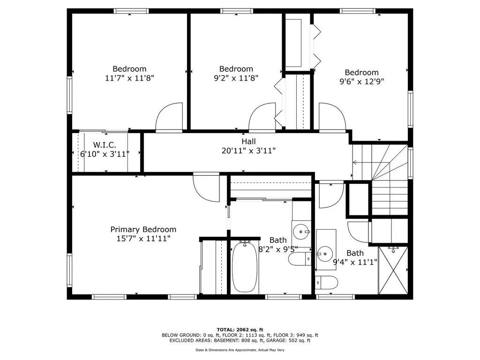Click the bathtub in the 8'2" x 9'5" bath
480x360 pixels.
(x=245, y=267)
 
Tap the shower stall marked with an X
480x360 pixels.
(x=393, y=270)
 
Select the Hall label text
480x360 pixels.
(x=248, y=141)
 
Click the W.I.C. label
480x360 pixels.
(x=104, y=145)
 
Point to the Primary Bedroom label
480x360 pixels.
(x=143, y=229)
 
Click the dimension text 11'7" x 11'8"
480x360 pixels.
(x=129, y=78)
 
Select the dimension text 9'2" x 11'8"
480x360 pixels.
(x=236, y=78)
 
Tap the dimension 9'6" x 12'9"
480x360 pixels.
(x=361, y=81)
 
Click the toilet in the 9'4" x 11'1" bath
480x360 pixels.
(x=326, y=282)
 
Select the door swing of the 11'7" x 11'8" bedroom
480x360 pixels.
(x=169, y=117)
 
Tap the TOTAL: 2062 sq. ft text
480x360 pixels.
(x=240, y=329)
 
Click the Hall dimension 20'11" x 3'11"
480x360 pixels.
(x=248, y=150)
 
